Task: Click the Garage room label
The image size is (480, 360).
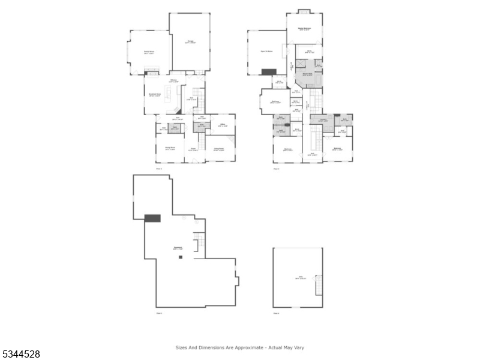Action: point(190,42)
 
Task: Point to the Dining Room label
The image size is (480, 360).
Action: point(170,148)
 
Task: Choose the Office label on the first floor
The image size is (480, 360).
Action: point(221,125)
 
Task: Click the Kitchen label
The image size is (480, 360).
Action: point(173,80)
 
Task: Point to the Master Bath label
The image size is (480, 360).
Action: point(307,75)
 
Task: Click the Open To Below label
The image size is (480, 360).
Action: point(267,52)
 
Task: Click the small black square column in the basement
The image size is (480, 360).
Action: point(179,257)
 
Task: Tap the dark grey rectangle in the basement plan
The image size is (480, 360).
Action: point(152,218)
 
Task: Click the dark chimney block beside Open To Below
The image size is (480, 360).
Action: point(269,72)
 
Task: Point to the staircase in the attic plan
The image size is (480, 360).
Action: point(319,285)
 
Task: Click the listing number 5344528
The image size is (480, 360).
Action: point(21,354)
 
